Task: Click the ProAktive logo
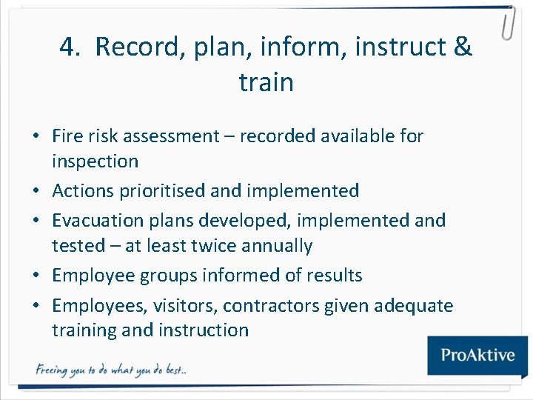coord(477,354)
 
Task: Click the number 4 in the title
coord(69,47)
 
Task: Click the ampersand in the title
coord(462,47)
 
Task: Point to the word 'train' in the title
coord(266,81)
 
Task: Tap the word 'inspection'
coord(95,161)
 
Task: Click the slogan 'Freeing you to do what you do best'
coord(111,370)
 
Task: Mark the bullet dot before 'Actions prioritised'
coord(35,191)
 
